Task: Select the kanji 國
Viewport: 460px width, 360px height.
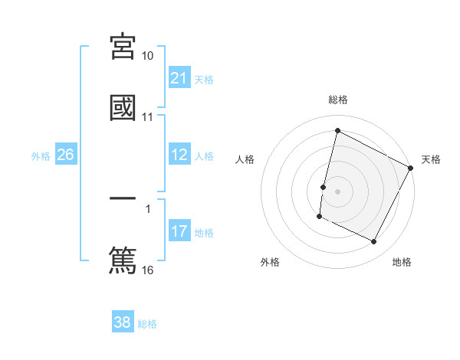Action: (123, 107)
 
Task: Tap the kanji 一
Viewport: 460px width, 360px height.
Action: (123, 198)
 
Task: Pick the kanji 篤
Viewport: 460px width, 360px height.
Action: (123, 258)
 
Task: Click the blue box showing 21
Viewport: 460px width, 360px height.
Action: (179, 78)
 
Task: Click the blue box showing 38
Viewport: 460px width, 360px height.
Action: (123, 322)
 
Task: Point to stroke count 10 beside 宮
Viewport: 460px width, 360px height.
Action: (148, 56)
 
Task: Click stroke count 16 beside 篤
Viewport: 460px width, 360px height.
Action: (148, 270)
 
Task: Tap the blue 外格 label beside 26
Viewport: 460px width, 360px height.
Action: (41, 156)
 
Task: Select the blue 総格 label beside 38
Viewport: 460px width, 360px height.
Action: (147, 324)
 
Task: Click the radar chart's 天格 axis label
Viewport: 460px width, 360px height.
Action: (431, 159)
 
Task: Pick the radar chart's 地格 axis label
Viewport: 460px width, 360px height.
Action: (402, 262)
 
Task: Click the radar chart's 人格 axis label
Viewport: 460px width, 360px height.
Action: (245, 159)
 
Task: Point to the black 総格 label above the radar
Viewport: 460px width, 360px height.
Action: (338, 100)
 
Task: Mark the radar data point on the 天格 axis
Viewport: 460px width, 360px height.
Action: (412, 168)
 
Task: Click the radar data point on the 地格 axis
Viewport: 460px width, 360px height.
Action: (374, 242)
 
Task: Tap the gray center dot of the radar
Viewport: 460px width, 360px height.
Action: (338, 190)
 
